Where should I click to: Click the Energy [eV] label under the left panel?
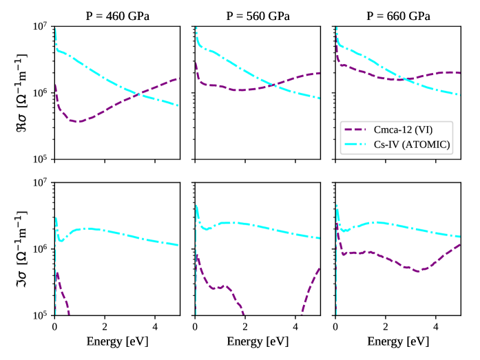tap(117, 341)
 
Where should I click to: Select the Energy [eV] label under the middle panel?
tap(257, 341)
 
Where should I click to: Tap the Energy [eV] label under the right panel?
tap(397, 341)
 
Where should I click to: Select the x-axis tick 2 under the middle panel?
tap(245, 326)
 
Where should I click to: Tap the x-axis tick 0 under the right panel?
tap(335, 326)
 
